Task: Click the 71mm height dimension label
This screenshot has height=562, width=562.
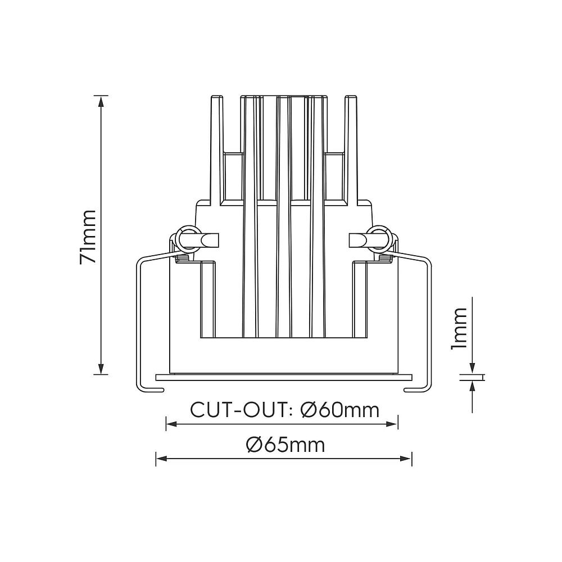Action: [88, 237]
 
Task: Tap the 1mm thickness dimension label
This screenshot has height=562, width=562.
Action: [459, 328]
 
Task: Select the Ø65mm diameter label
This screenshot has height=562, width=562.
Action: [285, 445]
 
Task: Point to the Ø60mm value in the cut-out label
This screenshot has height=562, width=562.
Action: [340, 410]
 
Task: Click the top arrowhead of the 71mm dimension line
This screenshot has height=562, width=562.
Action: [101, 101]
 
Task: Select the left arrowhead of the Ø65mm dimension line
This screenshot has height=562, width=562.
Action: [161, 459]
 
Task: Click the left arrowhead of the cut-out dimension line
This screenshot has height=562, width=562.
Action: [171, 424]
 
